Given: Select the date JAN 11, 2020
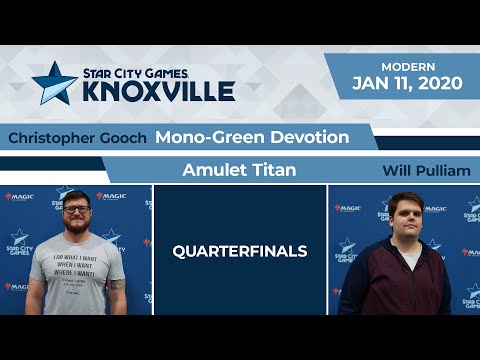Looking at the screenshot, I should [x=406, y=83].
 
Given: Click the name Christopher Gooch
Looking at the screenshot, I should [x=78, y=138].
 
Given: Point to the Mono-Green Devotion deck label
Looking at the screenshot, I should [x=252, y=137].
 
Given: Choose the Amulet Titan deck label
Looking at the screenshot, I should [x=239, y=170].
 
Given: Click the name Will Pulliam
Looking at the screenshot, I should [x=426, y=171].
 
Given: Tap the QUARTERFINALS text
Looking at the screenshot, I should [x=240, y=251].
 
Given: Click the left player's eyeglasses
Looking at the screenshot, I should [x=76, y=213].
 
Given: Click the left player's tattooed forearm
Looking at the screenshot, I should [x=117, y=293].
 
